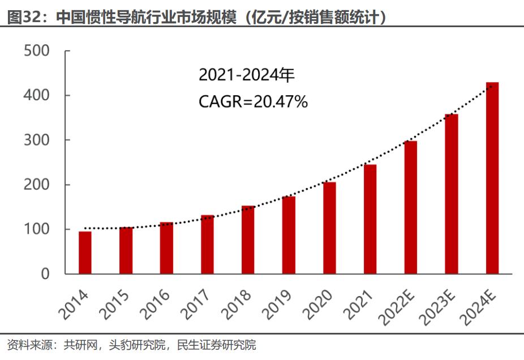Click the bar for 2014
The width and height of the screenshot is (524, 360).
tap(85, 252)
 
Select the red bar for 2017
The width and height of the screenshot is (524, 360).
tap(207, 245)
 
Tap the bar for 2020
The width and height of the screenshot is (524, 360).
tap(329, 228)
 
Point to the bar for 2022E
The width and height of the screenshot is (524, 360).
tap(411, 207)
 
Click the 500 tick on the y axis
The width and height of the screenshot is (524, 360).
tap(37, 51)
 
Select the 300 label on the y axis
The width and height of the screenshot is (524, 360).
tap(37, 140)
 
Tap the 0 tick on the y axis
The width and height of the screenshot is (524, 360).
tap(45, 274)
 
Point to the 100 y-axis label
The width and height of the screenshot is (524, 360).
tap(37, 229)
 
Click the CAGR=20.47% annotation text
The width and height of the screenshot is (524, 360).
tap(253, 102)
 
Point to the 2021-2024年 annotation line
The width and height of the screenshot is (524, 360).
tap(247, 75)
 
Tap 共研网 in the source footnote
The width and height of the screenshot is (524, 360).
tap(78, 345)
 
